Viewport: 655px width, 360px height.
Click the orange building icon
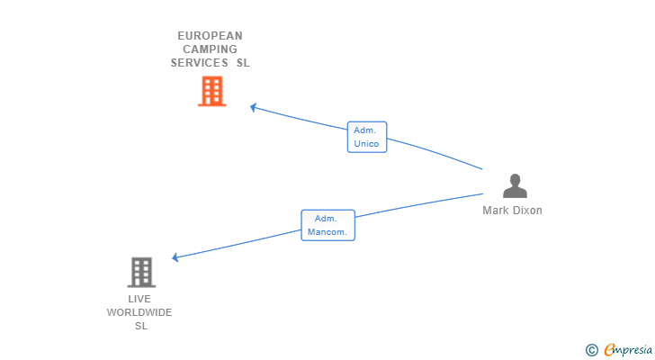[211, 91]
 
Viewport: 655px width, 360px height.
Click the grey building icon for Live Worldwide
[141, 273]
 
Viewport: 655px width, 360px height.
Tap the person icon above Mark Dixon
[515, 185]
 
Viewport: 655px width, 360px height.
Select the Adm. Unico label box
[367, 137]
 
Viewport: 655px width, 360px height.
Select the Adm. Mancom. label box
[327, 225]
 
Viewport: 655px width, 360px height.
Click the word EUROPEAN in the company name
[211, 36]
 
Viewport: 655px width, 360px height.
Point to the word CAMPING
[211, 49]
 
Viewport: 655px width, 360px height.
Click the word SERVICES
[199, 63]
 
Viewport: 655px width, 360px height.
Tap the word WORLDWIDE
[139, 312]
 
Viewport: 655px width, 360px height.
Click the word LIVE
[139, 299]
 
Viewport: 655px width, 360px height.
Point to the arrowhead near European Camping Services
[253, 107]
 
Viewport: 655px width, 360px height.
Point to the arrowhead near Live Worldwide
[175, 257]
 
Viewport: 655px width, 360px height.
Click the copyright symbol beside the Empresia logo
[591, 350]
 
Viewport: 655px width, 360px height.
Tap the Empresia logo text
[628, 349]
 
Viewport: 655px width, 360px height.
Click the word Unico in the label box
[366, 144]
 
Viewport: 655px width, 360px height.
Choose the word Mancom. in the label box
[327, 232]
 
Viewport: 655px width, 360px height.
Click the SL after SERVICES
[243, 63]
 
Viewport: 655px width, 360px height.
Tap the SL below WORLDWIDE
[141, 326]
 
